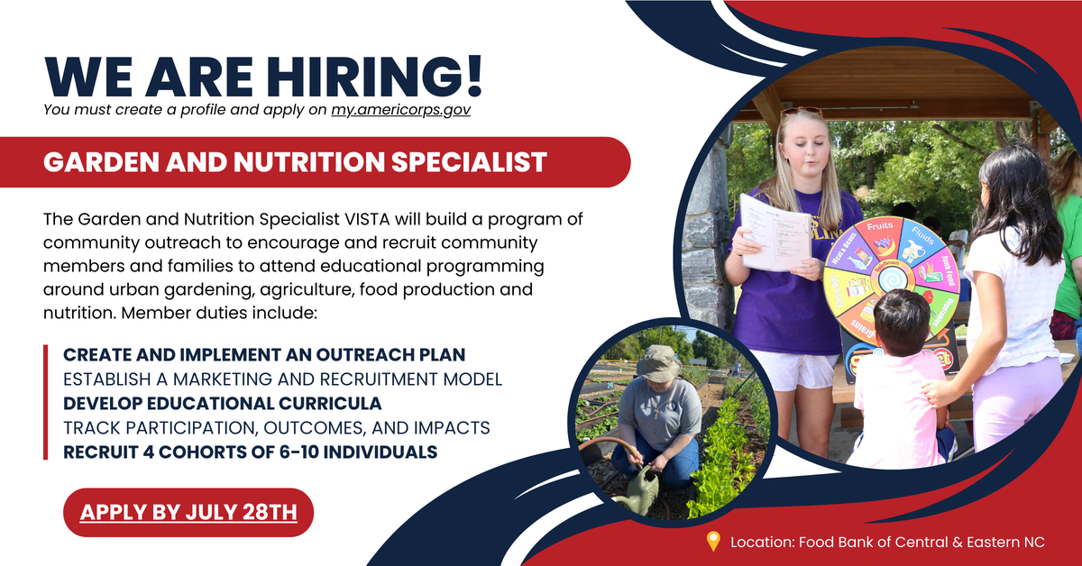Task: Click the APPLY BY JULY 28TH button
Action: tap(188, 513)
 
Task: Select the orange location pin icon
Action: tap(713, 542)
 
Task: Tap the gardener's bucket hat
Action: tap(658, 363)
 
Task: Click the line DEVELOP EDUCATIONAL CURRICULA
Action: tap(222, 402)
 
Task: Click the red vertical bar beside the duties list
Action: tap(46, 402)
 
